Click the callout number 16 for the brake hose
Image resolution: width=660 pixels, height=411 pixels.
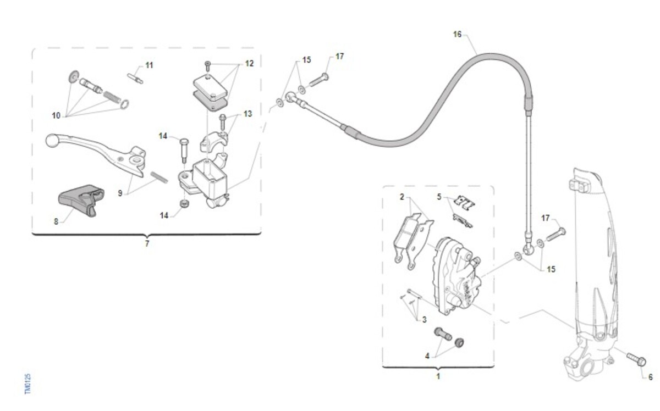(x=457, y=35)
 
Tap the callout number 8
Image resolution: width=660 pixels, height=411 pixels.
(x=56, y=221)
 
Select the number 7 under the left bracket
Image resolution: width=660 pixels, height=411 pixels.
(x=147, y=244)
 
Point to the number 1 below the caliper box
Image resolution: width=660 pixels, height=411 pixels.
(x=438, y=376)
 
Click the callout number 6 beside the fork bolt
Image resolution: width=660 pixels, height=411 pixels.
(x=651, y=377)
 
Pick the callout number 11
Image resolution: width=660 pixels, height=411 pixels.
(x=150, y=65)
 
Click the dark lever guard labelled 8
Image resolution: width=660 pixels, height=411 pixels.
(x=81, y=199)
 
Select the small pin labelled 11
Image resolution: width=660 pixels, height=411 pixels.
(x=135, y=79)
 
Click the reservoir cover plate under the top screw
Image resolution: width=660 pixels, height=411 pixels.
(x=210, y=86)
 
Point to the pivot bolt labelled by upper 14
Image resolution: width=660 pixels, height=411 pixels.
(x=184, y=150)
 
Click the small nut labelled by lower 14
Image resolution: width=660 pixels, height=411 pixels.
(x=184, y=203)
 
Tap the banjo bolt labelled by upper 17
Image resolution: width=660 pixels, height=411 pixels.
(x=319, y=80)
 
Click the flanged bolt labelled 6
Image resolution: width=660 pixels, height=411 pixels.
(x=636, y=359)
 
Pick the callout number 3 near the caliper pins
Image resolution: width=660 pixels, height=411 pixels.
(x=424, y=319)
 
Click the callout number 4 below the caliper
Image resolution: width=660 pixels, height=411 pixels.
(x=427, y=356)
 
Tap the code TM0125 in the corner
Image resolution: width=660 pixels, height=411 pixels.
(x=28, y=384)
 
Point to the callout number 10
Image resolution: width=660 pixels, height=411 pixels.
(x=56, y=116)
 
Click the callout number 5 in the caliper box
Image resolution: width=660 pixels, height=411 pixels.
(x=439, y=197)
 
